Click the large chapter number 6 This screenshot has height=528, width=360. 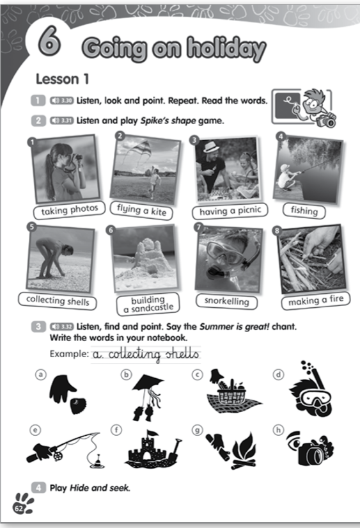pos(49,41)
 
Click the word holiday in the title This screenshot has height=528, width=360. pos(226,49)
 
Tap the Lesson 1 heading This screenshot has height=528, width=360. pos(63,79)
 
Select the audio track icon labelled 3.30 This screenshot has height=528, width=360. pos(61,100)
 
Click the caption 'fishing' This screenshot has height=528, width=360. pos(304,211)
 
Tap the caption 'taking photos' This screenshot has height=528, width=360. pos(69,210)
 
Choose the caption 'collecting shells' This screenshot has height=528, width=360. pos(58,300)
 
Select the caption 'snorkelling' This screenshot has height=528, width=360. pos(227,301)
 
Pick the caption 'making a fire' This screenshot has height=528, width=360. pos(316,300)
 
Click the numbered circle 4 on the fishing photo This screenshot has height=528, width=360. pos(281,136)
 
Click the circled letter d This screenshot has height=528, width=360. pos(278,375)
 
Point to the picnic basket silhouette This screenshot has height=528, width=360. pos(232,392)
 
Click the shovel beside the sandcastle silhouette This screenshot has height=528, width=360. pos(174,451)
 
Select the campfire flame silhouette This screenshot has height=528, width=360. pos(245,447)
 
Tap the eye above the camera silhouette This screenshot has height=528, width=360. pos(294,440)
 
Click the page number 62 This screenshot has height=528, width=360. pos(19,508)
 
